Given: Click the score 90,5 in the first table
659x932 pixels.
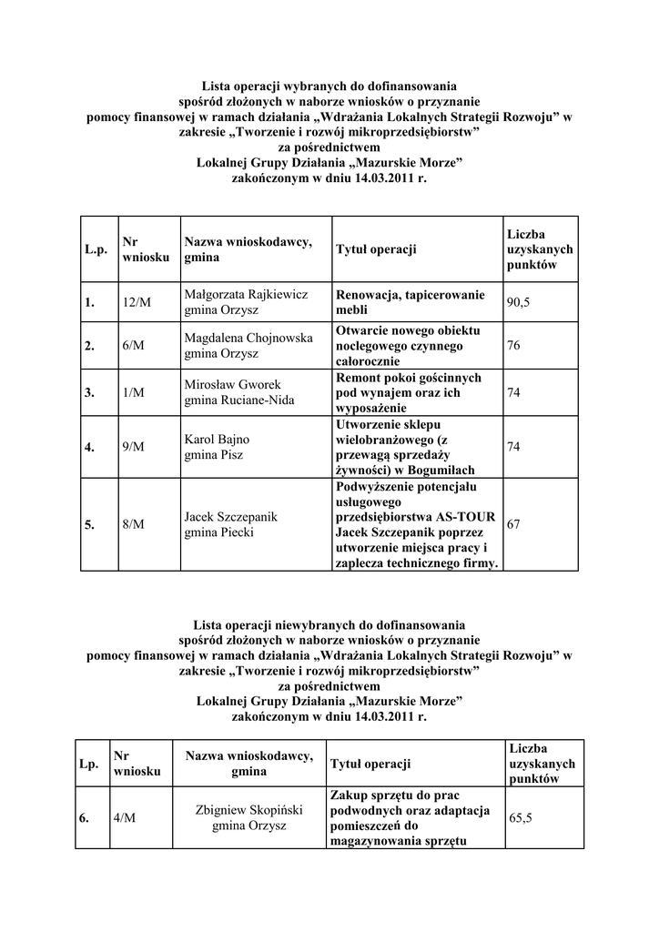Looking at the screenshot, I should pos(519,303).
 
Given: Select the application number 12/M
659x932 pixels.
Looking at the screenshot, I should pos(135,303).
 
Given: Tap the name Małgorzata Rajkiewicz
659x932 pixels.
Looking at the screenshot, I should pos(247,296).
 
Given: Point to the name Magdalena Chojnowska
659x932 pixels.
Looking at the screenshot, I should pos(248,338).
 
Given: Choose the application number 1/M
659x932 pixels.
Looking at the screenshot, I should pos(132,392).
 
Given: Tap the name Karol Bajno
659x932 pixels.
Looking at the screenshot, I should pos(210,439).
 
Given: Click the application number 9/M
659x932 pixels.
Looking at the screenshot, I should pos(132,446).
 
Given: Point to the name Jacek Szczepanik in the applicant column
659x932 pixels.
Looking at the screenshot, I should pos(230,517).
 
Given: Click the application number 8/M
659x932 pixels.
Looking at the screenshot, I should pos(132,524).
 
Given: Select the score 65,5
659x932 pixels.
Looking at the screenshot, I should pos(521,817).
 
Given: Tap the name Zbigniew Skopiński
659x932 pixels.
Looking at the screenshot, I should pos(248,810).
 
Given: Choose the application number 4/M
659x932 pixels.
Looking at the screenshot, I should pos(125,817).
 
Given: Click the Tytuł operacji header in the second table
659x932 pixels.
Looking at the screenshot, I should pos(370,763).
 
